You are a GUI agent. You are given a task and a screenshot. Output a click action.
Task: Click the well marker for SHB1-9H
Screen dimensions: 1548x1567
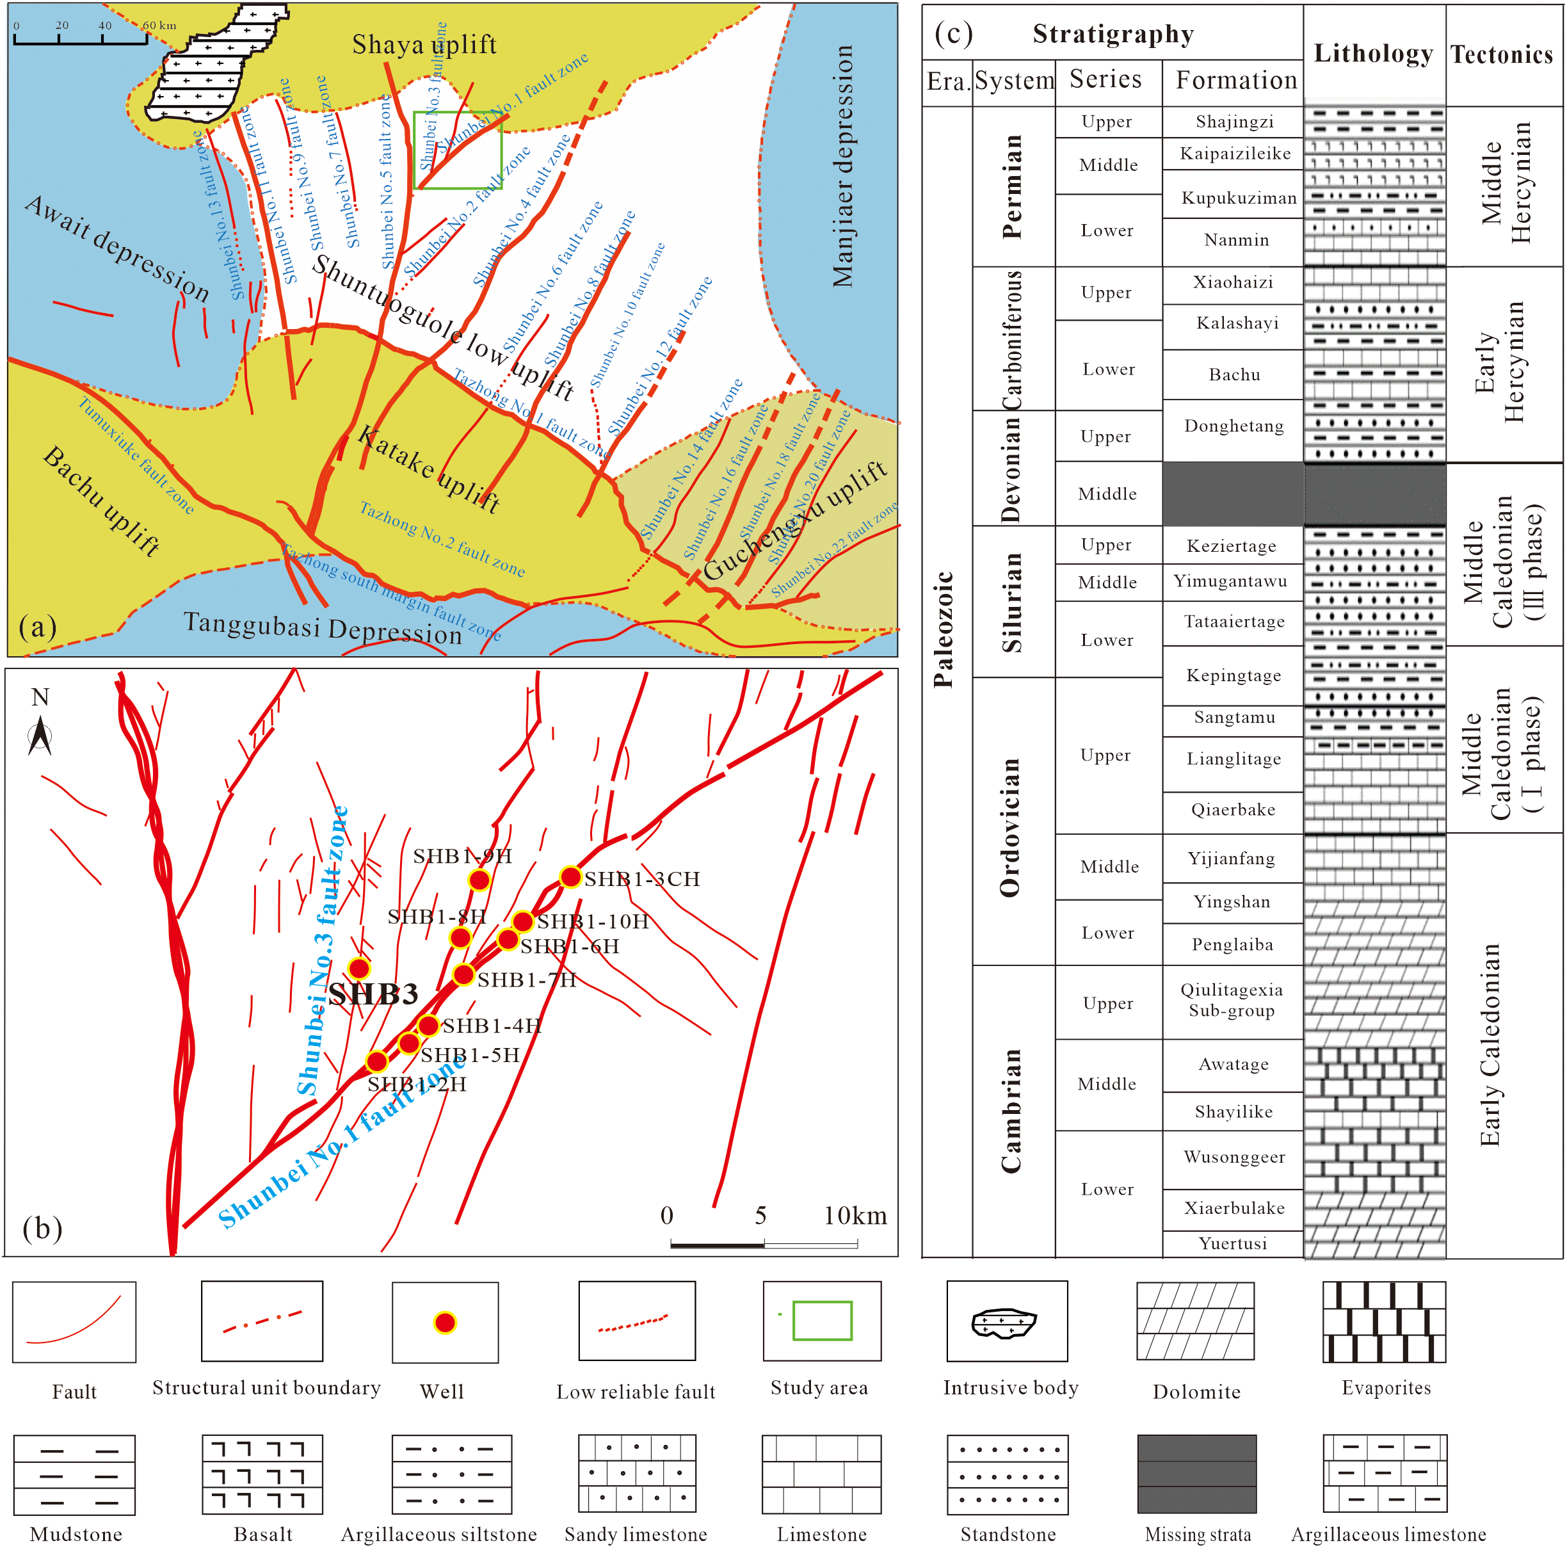(479, 880)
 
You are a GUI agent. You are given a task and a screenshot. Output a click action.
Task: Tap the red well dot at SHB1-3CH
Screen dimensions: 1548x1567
(571, 876)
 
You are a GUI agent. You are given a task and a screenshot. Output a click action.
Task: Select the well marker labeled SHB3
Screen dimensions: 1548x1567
(359, 968)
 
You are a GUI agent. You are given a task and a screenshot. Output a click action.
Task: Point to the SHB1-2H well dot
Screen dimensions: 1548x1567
(377, 1061)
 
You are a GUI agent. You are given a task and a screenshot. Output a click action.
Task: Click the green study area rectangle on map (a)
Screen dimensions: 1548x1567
(458, 150)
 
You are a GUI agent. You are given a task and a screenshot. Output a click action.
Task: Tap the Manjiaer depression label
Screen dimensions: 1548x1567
(844, 166)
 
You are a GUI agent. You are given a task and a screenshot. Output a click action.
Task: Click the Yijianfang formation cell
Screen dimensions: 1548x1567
(1232, 859)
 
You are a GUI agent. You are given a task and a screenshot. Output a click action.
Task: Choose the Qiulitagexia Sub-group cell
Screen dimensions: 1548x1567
(1232, 1001)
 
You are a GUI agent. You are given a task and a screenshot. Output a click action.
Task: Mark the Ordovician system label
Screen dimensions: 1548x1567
(1011, 828)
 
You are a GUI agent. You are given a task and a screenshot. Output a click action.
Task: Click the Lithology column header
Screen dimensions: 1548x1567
(1374, 54)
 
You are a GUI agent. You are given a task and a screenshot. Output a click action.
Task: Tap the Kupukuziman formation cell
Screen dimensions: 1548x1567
(1239, 198)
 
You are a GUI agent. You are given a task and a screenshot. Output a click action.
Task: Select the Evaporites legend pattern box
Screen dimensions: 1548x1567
(1384, 1321)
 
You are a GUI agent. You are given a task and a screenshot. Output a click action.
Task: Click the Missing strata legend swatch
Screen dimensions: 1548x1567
(1196, 1473)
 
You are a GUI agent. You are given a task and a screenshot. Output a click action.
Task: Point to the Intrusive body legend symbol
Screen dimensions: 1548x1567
(1006, 1321)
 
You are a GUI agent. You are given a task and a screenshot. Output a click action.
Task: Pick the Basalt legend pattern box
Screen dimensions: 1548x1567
(262, 1473)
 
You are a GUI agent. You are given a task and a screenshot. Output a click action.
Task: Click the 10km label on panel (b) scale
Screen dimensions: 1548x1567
(855, 1215)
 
